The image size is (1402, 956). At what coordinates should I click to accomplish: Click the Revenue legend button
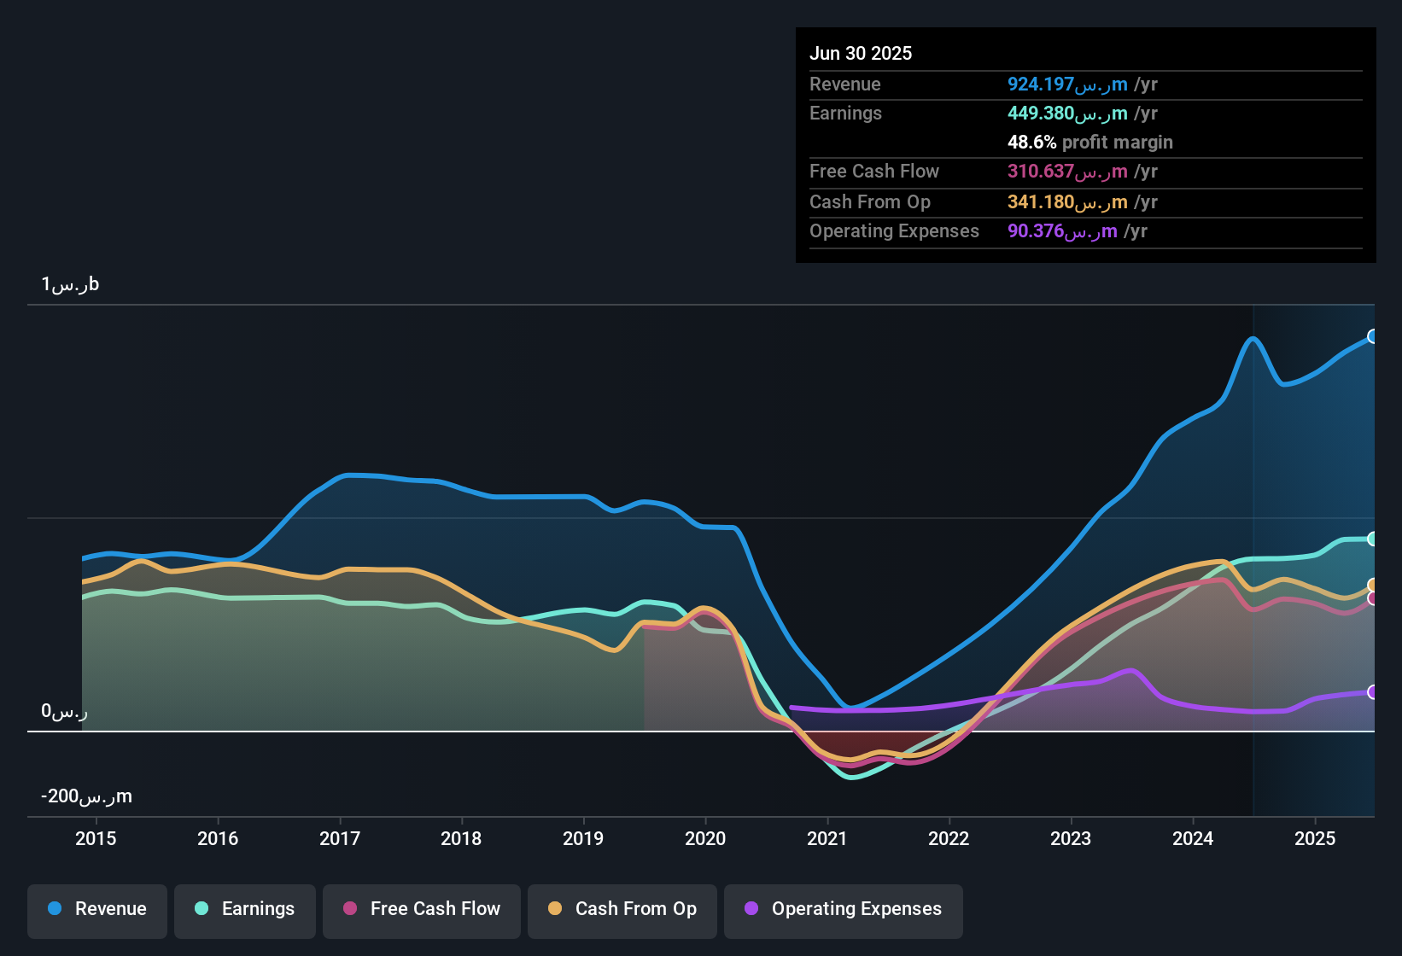pyautogui.click(x=97, y=909)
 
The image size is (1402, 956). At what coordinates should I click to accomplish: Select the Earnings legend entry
pyautogui.click(x=245, y=909)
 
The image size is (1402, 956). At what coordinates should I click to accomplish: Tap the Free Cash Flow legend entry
pyautogui.click(x=422, y=909)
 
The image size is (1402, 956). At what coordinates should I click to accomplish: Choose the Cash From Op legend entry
pyautogui.click(x=622, y=909)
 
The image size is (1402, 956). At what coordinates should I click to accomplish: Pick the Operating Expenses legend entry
pyautogui.click(x=844, y=909)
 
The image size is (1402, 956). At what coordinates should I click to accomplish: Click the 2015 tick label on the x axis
pyautogui.click(x=96, y=838)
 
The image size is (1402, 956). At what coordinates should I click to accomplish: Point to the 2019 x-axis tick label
pyautogui.click(x=583, y=838)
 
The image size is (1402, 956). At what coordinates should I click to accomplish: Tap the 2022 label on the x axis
pyautogui.click(x=949, y=838)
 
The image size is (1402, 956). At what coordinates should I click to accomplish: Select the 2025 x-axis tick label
pyautogui.click(x=1315, y=838)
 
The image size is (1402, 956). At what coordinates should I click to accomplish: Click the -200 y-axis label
pyautogui.click(x=86, y=796)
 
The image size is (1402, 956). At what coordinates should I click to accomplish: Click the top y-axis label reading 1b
pyautogui.click(x=70, y=284)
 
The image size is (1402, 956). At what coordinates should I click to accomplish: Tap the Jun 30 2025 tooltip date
pyautogui.click(x=861, y=53)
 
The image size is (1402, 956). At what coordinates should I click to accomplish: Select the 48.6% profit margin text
pyautogui.click(x=1090, y=143)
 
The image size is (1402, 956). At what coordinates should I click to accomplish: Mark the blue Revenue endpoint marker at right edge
pyautogui.click(x=1372, y=336)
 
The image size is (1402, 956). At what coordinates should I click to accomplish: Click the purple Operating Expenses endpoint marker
pyautogui.click(x=1372, y=692)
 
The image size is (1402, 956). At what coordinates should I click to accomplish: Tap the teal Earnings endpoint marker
pyautogui.click(x=1372, y=539)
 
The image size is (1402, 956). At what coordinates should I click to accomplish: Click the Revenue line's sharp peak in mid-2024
pyautogui.click(x=1253, y=338)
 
